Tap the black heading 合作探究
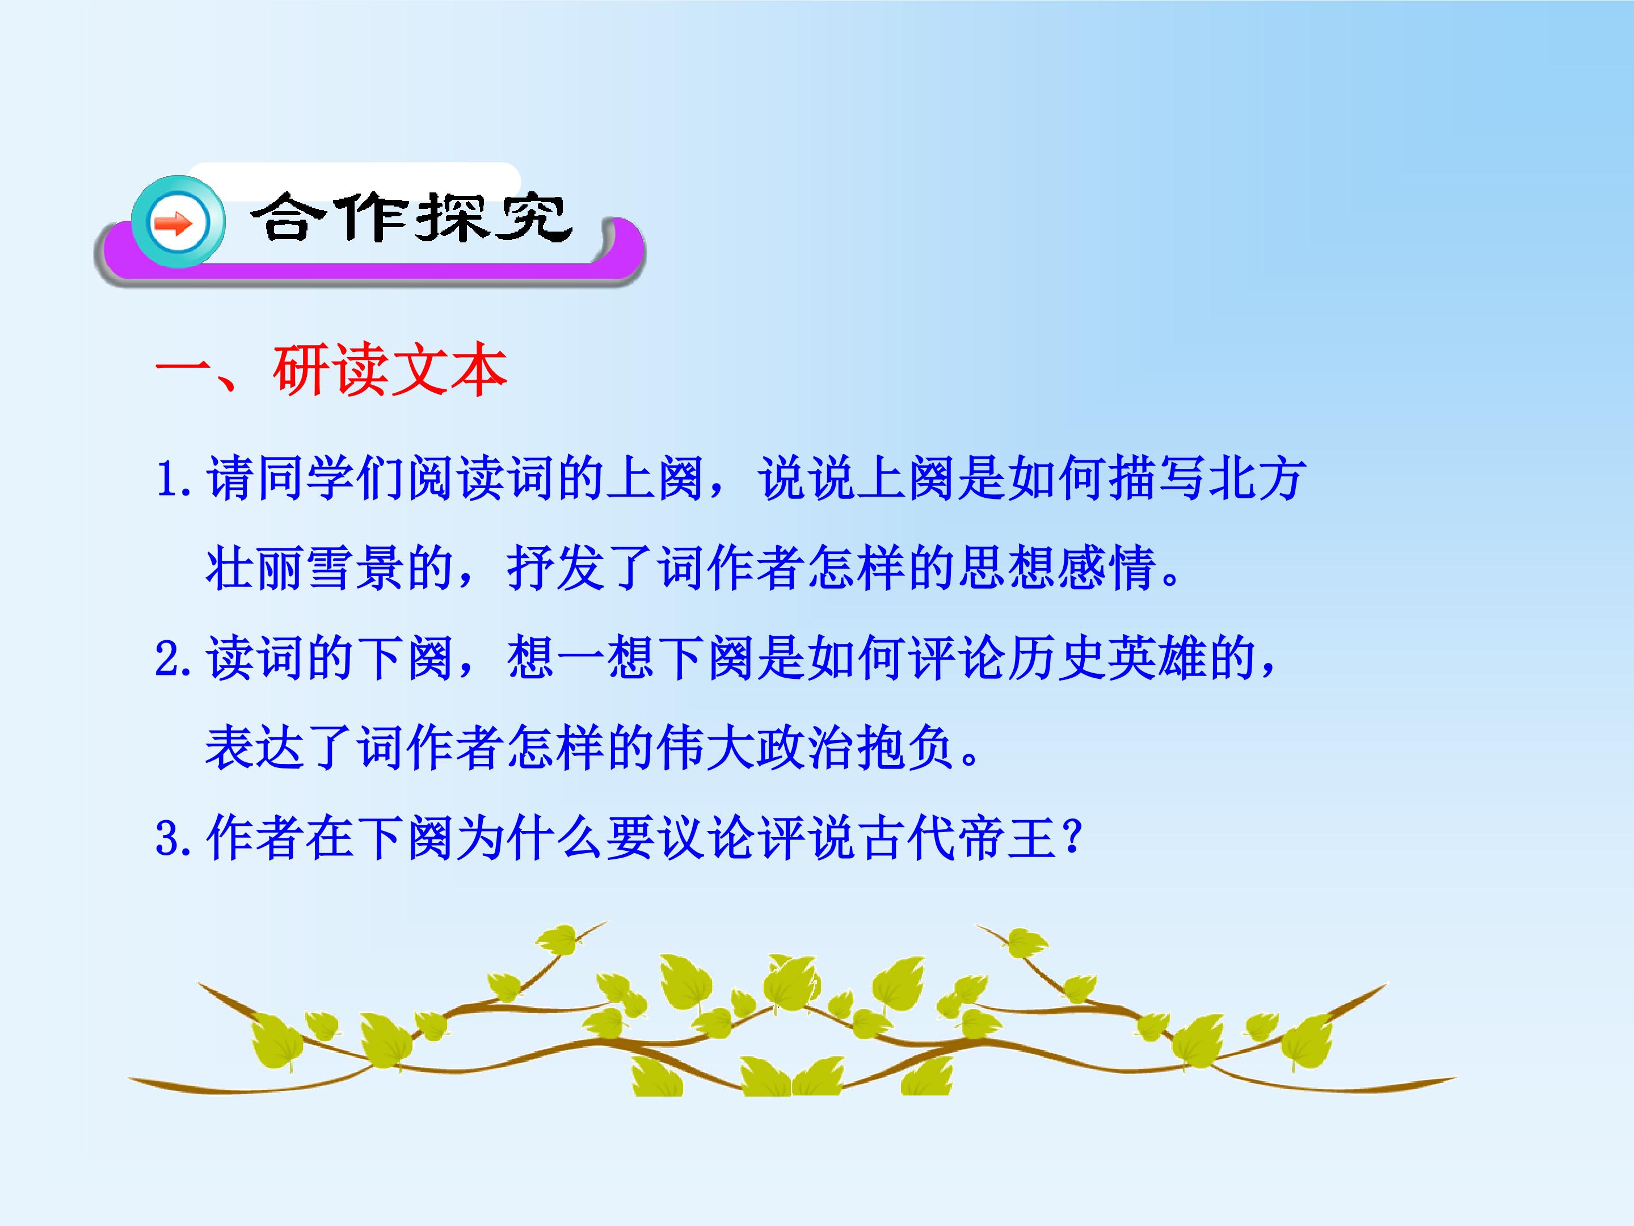point(411,219)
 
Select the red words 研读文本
point(390,370)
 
